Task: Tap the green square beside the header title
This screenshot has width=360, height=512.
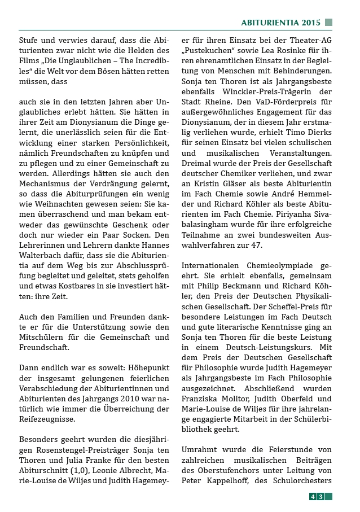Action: pyautogui.click(x=328, y=23)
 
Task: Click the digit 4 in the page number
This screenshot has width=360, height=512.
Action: pyautogui.click(x=313, y=497)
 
